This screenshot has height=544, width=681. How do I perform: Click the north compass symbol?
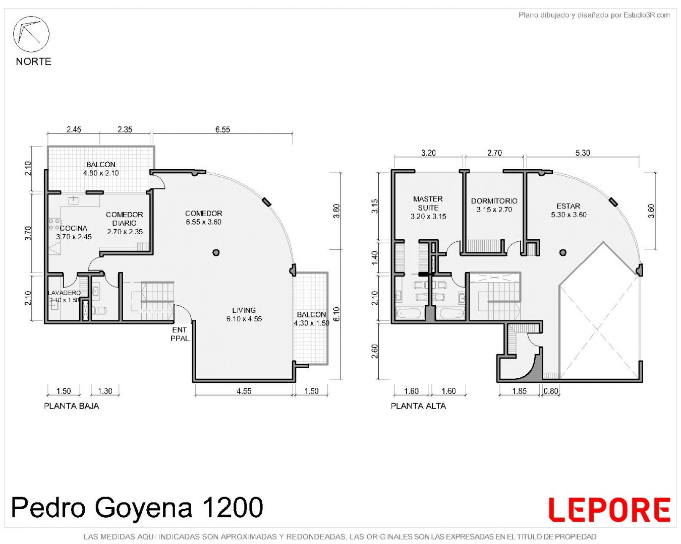(31, 34)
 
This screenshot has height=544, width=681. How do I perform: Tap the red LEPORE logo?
(609, 509)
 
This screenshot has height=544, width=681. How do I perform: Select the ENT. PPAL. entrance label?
(181, 334)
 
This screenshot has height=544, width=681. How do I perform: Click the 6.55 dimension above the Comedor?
(222, 129)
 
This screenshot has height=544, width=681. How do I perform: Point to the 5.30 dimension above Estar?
(582, 153)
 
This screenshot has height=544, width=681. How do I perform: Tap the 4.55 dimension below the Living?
(244, 391)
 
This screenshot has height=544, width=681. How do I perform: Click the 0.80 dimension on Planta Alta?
(551, 391)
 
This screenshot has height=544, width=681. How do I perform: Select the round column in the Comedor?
(216, 252)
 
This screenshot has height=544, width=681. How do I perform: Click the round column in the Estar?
(562, 252)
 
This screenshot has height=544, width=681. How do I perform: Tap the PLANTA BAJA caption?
(72, 406)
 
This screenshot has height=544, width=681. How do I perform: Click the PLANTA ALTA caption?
(418, 406)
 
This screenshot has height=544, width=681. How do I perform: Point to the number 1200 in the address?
(232, 507)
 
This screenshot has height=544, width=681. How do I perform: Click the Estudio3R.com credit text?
(646, 15)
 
